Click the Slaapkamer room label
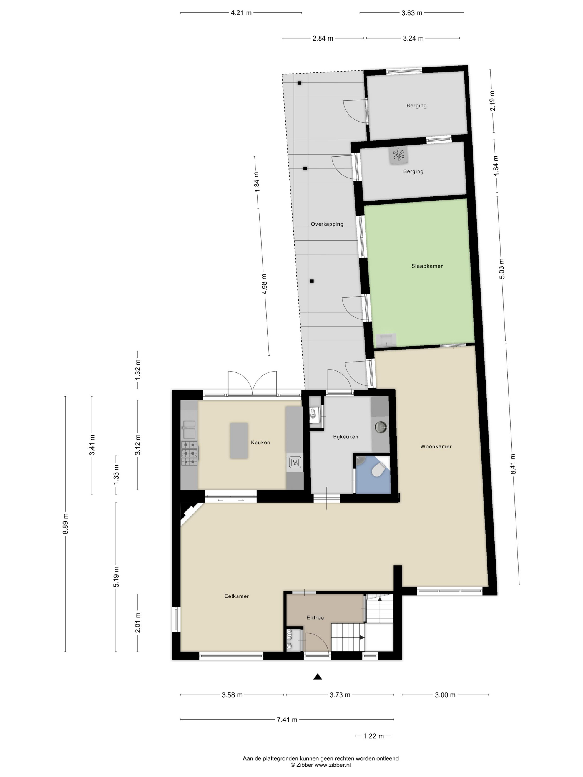click(427, 266)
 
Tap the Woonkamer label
click(436, 446)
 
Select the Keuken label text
click(260, 442)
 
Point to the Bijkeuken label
click(345, 437)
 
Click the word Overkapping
click(327, 224)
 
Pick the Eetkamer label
click(237, 596)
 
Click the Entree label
click(315, 617)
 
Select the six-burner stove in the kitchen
click(189, 453)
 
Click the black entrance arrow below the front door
click(317, 677)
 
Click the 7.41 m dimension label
click(287, 719)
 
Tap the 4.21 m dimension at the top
click(241, 13)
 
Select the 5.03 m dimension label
click(501, 269)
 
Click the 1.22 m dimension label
click(373, 736)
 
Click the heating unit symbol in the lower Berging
click(398, 155)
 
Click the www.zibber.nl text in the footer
click(332, 765)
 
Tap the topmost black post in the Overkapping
click(299, 83)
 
